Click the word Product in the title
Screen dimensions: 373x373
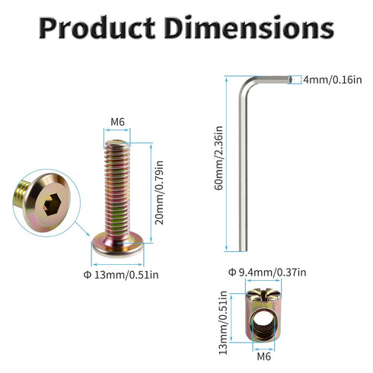tap(97, 27)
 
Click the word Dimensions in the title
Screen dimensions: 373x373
tap(249, 27)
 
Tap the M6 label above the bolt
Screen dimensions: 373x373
tap(117, 122)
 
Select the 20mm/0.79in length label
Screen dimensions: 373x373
tap(160, 193)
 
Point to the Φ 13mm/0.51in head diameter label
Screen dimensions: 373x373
tap(121, 275)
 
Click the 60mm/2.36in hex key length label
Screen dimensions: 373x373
tap(218, 158)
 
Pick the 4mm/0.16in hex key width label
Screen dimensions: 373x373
tap(333, 80)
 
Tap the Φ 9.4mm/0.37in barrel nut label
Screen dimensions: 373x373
tap(267, 273)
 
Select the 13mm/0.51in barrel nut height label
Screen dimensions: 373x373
tap(223, 323)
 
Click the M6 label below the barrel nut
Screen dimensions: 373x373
tap(264, 356)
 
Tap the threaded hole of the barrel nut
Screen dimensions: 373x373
tap(263, 325)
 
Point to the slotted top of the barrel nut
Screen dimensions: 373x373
tap(263, 295)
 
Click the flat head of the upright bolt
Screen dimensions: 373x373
tap(117, 245)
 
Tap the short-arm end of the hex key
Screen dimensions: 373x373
tap(290, 80)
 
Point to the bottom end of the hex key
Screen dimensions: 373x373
tap(243, 250)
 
